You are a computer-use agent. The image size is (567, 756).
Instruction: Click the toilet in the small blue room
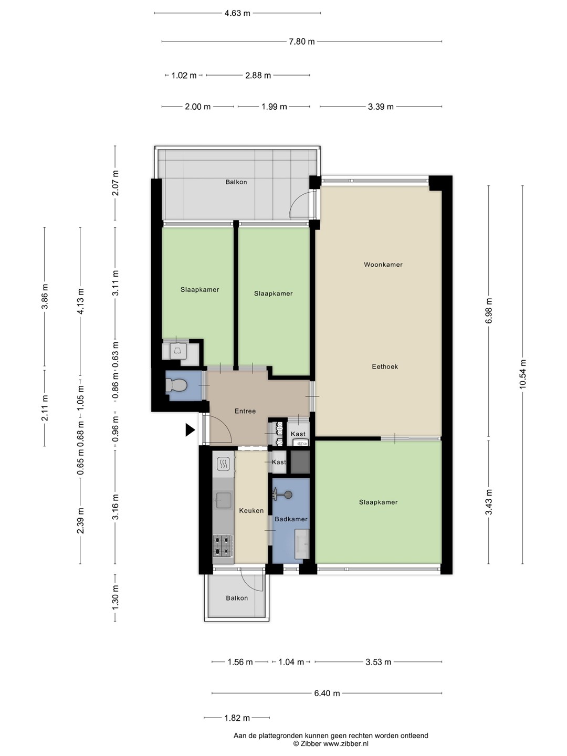(x=176, y=385)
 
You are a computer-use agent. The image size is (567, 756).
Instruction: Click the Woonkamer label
(x=383, y=265)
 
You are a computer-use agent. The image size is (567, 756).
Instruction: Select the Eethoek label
(x=385, y=366)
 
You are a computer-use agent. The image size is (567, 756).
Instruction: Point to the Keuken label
(x=251, y=510)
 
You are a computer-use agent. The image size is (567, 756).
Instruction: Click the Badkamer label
(x=291, y=519)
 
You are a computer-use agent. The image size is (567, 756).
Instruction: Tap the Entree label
(x=245, y=411)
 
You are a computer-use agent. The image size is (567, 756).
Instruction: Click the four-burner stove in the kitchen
(x=223, y=547)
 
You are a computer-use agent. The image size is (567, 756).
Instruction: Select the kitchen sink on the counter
(x=223, y=500)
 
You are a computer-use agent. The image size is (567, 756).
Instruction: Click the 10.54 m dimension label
(x=522, y=374)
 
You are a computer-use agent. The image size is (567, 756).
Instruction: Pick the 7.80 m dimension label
(x=301, y=41)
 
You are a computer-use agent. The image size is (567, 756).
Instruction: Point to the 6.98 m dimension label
(x=488, y=311)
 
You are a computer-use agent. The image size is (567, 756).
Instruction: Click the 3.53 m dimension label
(x=379, y=662)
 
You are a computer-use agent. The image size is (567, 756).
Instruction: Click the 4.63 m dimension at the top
(x=237, y=14)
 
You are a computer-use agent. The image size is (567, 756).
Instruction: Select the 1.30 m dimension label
(x=115, y=597)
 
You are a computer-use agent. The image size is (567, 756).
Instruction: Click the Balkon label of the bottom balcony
(x=237, y=598)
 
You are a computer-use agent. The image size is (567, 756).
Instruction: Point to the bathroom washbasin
(x=302, y=544)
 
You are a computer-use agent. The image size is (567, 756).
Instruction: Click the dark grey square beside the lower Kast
(x=300, y=462)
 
